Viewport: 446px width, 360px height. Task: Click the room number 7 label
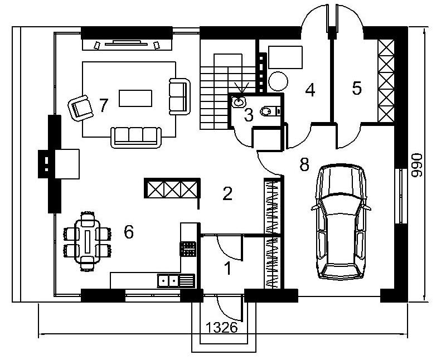point(104,105)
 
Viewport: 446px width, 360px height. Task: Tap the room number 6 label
point(129,232)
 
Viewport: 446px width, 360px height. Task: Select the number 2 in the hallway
point(227,193)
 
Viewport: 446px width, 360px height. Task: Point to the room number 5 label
point(357,88)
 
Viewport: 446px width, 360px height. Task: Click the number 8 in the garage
point(304,164)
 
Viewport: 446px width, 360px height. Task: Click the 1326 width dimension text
point(221,328)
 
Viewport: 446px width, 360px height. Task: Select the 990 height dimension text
point(417,165)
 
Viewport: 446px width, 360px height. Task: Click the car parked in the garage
point(341,221)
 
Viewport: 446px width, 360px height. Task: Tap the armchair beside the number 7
point(80,108)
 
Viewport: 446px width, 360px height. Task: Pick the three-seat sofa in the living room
point(136,138)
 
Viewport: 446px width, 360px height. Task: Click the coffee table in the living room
point(135,98)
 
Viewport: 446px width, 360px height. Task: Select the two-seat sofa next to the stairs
point(180,96)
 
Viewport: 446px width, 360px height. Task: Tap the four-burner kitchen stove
point(188,249)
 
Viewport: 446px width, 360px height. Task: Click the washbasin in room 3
point(238,102)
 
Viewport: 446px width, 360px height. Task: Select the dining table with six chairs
point(88,241)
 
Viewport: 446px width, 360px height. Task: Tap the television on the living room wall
point(127,43)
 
